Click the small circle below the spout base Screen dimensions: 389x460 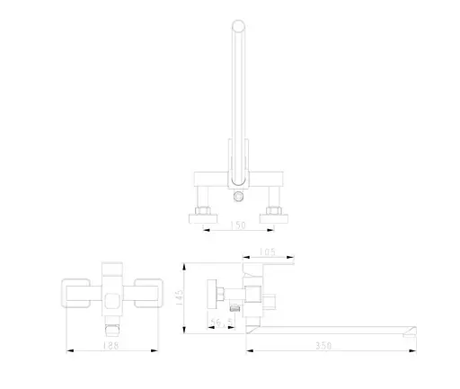click(x=238, y=197)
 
